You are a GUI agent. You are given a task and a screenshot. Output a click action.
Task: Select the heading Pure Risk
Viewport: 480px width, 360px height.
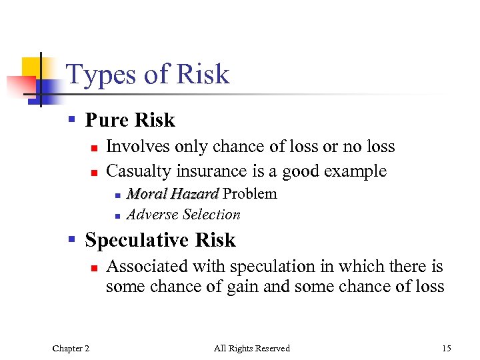[130, 120]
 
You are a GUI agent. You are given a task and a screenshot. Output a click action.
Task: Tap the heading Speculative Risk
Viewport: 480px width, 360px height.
[160, 240]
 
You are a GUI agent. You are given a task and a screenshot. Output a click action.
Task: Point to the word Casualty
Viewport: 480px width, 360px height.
[139, 171]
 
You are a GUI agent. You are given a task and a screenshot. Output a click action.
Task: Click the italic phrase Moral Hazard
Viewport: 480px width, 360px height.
[173, 194]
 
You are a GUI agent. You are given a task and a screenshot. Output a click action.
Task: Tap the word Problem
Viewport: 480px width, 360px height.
[250, 194]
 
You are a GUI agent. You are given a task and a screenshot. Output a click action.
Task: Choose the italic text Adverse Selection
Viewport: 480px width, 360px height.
[183, 215]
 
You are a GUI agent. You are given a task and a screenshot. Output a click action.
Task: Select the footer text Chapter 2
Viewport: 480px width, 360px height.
[71, 348]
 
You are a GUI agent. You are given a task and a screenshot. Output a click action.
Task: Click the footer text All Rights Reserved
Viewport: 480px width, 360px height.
[251, 348]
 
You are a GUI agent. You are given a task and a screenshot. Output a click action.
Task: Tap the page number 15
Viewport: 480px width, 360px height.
[446, 348]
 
